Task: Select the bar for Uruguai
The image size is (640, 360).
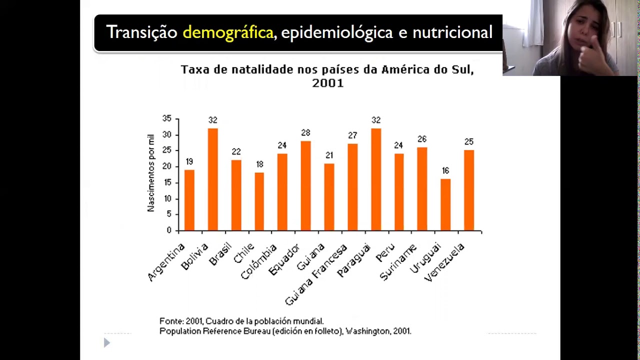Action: point(445,204)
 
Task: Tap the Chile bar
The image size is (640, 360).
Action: point(259,201)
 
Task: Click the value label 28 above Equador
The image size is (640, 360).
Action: point(305,133)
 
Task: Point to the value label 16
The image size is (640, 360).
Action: point(445,171)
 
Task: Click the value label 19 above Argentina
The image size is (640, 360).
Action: point(189,162)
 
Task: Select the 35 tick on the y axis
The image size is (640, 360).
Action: point(166,118)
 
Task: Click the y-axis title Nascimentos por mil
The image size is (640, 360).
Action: point(151,172)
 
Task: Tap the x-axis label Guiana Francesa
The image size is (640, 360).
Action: point(316,275)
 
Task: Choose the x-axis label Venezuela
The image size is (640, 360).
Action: point(444,262)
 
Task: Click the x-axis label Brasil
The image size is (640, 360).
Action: point(220,254)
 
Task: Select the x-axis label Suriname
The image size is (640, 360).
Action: point(398,262)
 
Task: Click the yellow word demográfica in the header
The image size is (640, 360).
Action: point(228,32)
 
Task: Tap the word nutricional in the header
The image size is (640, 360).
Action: point(452,32)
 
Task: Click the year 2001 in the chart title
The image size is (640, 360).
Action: point(327,83)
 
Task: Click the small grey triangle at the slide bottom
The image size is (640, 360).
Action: point(106,342)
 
